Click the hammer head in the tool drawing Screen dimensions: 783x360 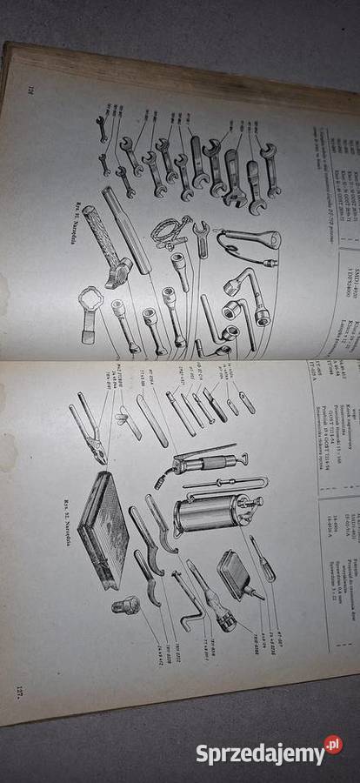(117, 271)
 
